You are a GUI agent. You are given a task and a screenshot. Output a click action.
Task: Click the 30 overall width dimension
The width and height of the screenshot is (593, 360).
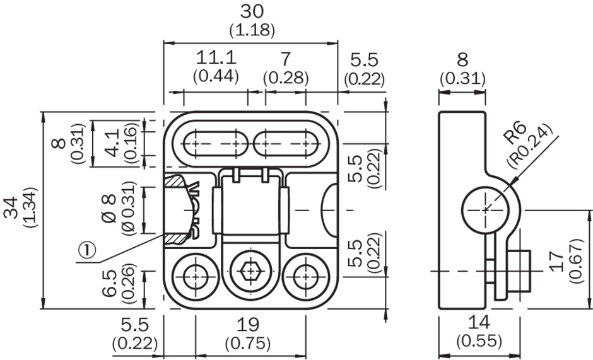(x=251, y=11)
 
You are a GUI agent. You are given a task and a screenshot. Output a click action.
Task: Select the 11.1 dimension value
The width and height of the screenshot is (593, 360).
(x=216, y=58)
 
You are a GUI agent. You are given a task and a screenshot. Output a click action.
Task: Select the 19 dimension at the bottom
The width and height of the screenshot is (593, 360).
(x=248, y=325)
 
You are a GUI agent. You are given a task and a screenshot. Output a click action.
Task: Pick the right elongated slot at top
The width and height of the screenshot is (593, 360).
(x=286, y=143)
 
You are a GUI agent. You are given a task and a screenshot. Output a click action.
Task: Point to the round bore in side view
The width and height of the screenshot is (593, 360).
(x=486, y=209)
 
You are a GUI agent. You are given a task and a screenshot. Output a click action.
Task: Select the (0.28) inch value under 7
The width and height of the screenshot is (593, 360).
(x=285, y=78)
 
